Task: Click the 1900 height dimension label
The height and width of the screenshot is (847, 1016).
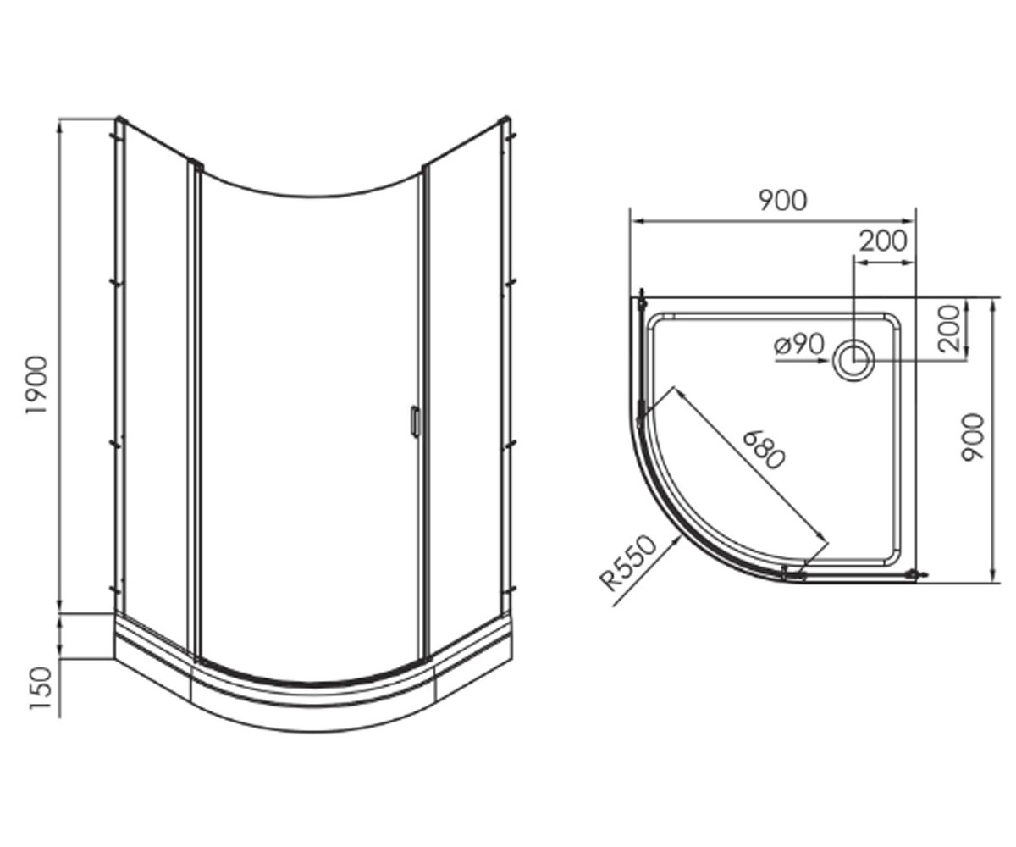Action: (x=37, y=385)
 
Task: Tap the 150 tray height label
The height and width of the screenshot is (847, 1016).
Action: (x=41, y=689)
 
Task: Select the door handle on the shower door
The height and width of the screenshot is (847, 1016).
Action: (x=414, y=421)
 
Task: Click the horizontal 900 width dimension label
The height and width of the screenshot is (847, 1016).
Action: (x=782, y=200)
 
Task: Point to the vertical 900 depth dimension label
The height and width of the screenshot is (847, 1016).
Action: (x=972, y=436)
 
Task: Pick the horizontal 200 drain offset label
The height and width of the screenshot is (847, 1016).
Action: (x=883, y=241)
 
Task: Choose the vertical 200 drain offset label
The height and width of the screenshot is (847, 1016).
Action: (x=949, y=328)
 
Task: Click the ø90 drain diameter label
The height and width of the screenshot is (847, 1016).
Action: (x=799, y=345)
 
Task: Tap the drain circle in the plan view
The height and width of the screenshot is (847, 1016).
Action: (x=853, y=360)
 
